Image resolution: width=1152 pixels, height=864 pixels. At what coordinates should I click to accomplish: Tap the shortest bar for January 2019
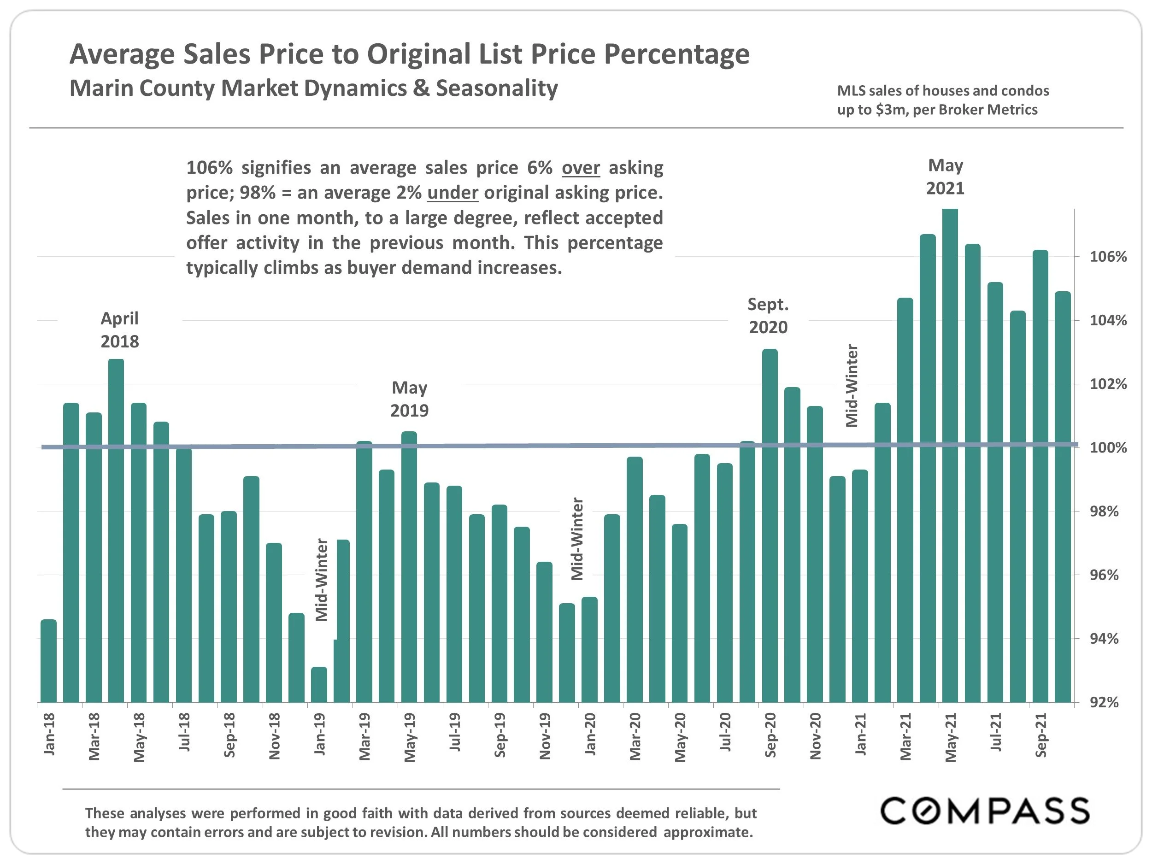coord(319,684)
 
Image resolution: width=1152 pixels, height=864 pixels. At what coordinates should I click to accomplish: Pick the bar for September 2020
coord(770,526)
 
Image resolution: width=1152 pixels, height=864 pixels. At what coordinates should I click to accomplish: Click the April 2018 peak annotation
coord(119,329)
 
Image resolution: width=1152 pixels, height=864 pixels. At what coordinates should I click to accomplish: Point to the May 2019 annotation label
coord(409,399)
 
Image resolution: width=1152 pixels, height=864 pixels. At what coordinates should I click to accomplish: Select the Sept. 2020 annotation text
coord(768,316)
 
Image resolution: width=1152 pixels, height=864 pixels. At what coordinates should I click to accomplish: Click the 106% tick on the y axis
coord(1108,257)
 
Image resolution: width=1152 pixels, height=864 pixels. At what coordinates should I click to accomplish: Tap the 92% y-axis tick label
coord(1104,703)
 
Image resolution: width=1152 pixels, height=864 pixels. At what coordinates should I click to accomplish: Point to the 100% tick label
coord(1108,448)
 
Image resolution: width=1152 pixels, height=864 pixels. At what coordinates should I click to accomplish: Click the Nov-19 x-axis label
coord(545,736)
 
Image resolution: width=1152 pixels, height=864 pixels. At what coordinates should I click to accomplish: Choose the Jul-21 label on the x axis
coord(995,732)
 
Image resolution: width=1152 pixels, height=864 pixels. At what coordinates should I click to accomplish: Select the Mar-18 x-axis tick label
coord(94,736)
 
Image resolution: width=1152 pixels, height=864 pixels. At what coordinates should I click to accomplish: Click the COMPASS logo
coord(984,811)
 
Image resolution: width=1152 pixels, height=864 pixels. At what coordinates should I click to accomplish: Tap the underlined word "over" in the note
coord(580,168)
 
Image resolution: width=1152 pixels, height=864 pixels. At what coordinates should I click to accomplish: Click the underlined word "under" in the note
coord(452,193)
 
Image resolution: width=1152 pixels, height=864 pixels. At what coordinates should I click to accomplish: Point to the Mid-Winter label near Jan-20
coord(577,539)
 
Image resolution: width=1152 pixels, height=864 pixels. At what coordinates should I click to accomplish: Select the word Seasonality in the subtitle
coord(496,88)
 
